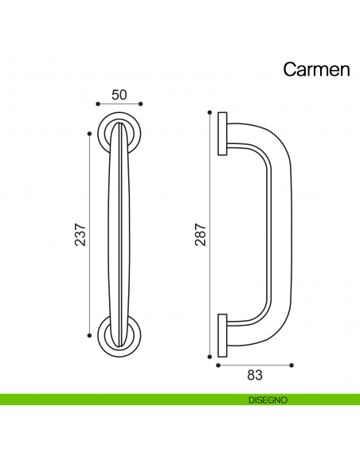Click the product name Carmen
316,70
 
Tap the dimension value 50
119,94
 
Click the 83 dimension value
255,373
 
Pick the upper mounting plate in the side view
221,134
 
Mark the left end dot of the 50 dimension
97,104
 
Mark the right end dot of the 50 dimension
141,104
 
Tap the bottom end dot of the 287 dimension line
209,356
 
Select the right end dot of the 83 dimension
292,365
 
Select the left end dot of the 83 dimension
217,365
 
